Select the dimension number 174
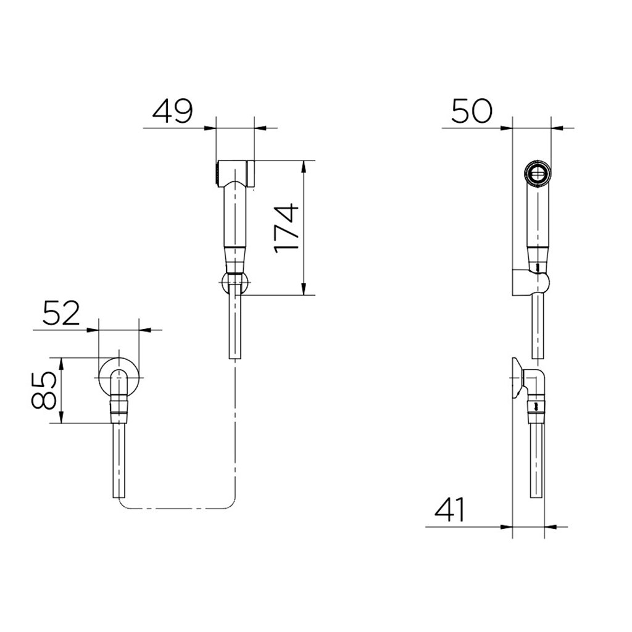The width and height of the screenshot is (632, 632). pyautogui.click(x=286, y=228)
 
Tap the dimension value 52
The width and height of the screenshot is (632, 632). pyautogui.click(x=61, y=313)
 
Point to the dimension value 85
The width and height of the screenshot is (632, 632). pyautogui.click(x=43, y=390)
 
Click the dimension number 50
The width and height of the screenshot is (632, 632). pyautogui.click(x=472, y=111)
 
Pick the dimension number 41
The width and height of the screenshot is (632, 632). pyautogui.click(x=450, y=510)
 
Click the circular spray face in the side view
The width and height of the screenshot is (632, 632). pyautogui.click(x=538, y=173)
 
